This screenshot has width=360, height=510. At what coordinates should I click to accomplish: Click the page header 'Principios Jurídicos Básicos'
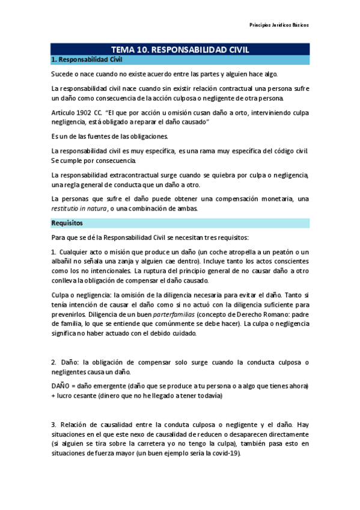click(x=279, y=25)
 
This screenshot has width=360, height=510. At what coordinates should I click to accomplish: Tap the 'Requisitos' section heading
click(x=67, y=223)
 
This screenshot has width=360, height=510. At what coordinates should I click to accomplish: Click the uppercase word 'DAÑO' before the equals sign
click(x=61, y=385)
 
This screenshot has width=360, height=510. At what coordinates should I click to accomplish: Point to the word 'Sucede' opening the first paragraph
click(x=63, y=74)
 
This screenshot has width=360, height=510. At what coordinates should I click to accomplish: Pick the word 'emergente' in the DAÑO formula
click(x=119, y=385)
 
